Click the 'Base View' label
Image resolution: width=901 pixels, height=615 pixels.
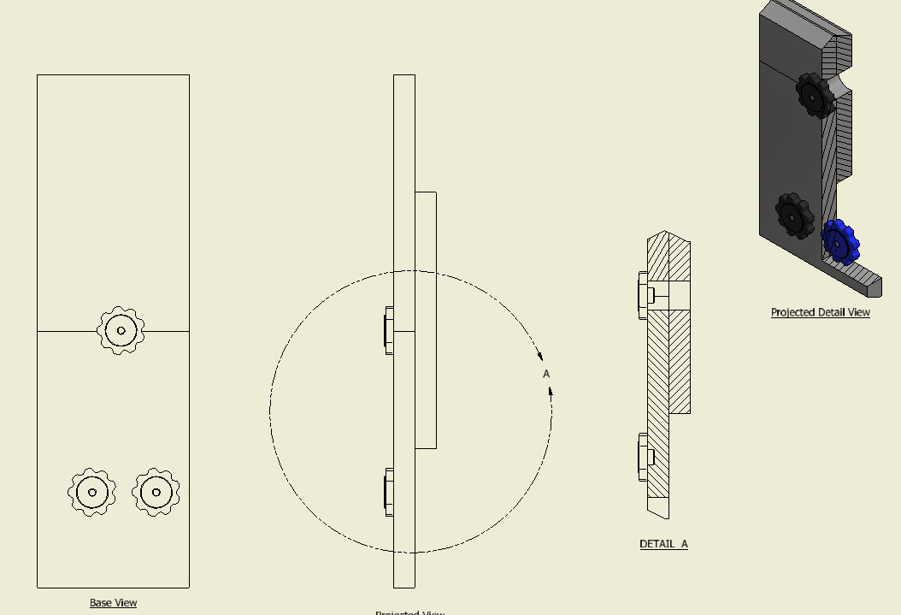(x=113, y=603)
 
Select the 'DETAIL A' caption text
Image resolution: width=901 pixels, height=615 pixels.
(x=663, y=544)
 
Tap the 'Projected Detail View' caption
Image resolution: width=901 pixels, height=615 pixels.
(x=820, y=312)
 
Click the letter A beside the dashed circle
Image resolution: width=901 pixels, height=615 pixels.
(x=546, y=374)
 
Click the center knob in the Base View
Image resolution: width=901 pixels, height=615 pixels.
(x=121, y=330)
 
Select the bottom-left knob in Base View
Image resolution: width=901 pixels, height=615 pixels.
(x=92, y=492)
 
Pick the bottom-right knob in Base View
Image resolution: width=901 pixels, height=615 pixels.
(x=156, y=492)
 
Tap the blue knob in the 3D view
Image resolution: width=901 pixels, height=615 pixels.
(x=839, y=242)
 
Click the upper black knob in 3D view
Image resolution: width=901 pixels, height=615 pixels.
(x=813, y=95)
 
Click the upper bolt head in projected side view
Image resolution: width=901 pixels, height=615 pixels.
(x=389, y=330)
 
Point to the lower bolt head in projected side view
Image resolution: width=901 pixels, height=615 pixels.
(x=389, y=492)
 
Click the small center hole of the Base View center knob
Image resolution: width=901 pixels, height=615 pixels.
(x=121, y=330)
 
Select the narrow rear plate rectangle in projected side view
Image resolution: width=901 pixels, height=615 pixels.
(x=426, y=320)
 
